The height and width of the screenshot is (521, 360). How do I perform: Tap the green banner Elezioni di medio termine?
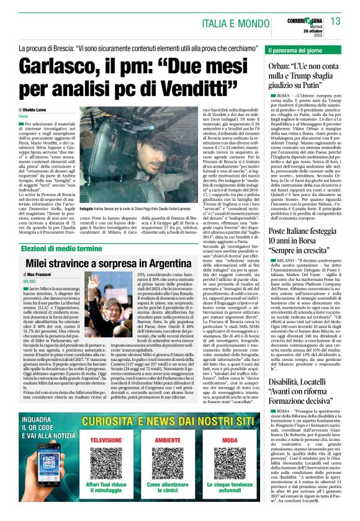pyautogui.click(x=62, y=231)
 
